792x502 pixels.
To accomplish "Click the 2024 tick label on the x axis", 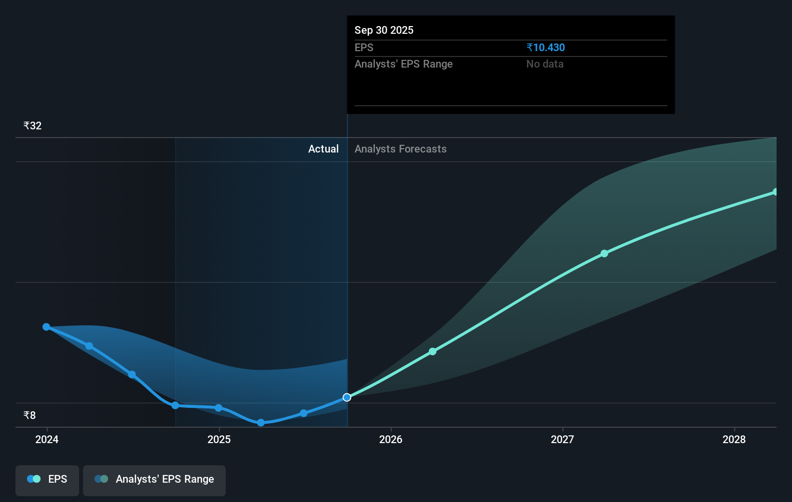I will click(x=47, y=439).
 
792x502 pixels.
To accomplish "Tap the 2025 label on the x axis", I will click(x=219, y=439).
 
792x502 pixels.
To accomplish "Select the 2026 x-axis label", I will click(x=391, y=439).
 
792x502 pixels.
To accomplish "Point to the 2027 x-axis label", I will click(x=562, y=439).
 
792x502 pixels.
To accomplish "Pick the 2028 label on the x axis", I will click(x=734, y=439).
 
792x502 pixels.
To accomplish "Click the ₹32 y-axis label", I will click(x=32, y=126).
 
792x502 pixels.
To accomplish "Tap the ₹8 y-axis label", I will click(x=29, y=416).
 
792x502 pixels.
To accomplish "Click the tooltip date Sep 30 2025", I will click(x=384, y=30).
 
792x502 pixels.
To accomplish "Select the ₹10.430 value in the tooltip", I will click(x=546, y=47).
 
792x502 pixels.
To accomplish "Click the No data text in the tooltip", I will click(x=545, y=64).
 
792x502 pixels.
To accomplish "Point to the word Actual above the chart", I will click(x=323, y=149).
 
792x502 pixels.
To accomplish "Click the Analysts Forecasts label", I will click(x=400, y=149).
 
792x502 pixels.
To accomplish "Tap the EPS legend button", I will click(x=47, y=479).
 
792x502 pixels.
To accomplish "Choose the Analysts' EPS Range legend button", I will click(x=154, y=479).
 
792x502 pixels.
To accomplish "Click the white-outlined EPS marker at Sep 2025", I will click(x=347, y=397).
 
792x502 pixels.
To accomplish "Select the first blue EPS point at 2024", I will click(x=46, y=327).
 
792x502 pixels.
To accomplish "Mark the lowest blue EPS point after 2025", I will click(x=261, y=422).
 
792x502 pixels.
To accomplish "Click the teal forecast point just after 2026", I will click(x=433, y=351).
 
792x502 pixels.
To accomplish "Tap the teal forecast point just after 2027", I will click(x=604, y=253).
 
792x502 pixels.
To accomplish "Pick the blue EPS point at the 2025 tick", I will click(x=218, y=408).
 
